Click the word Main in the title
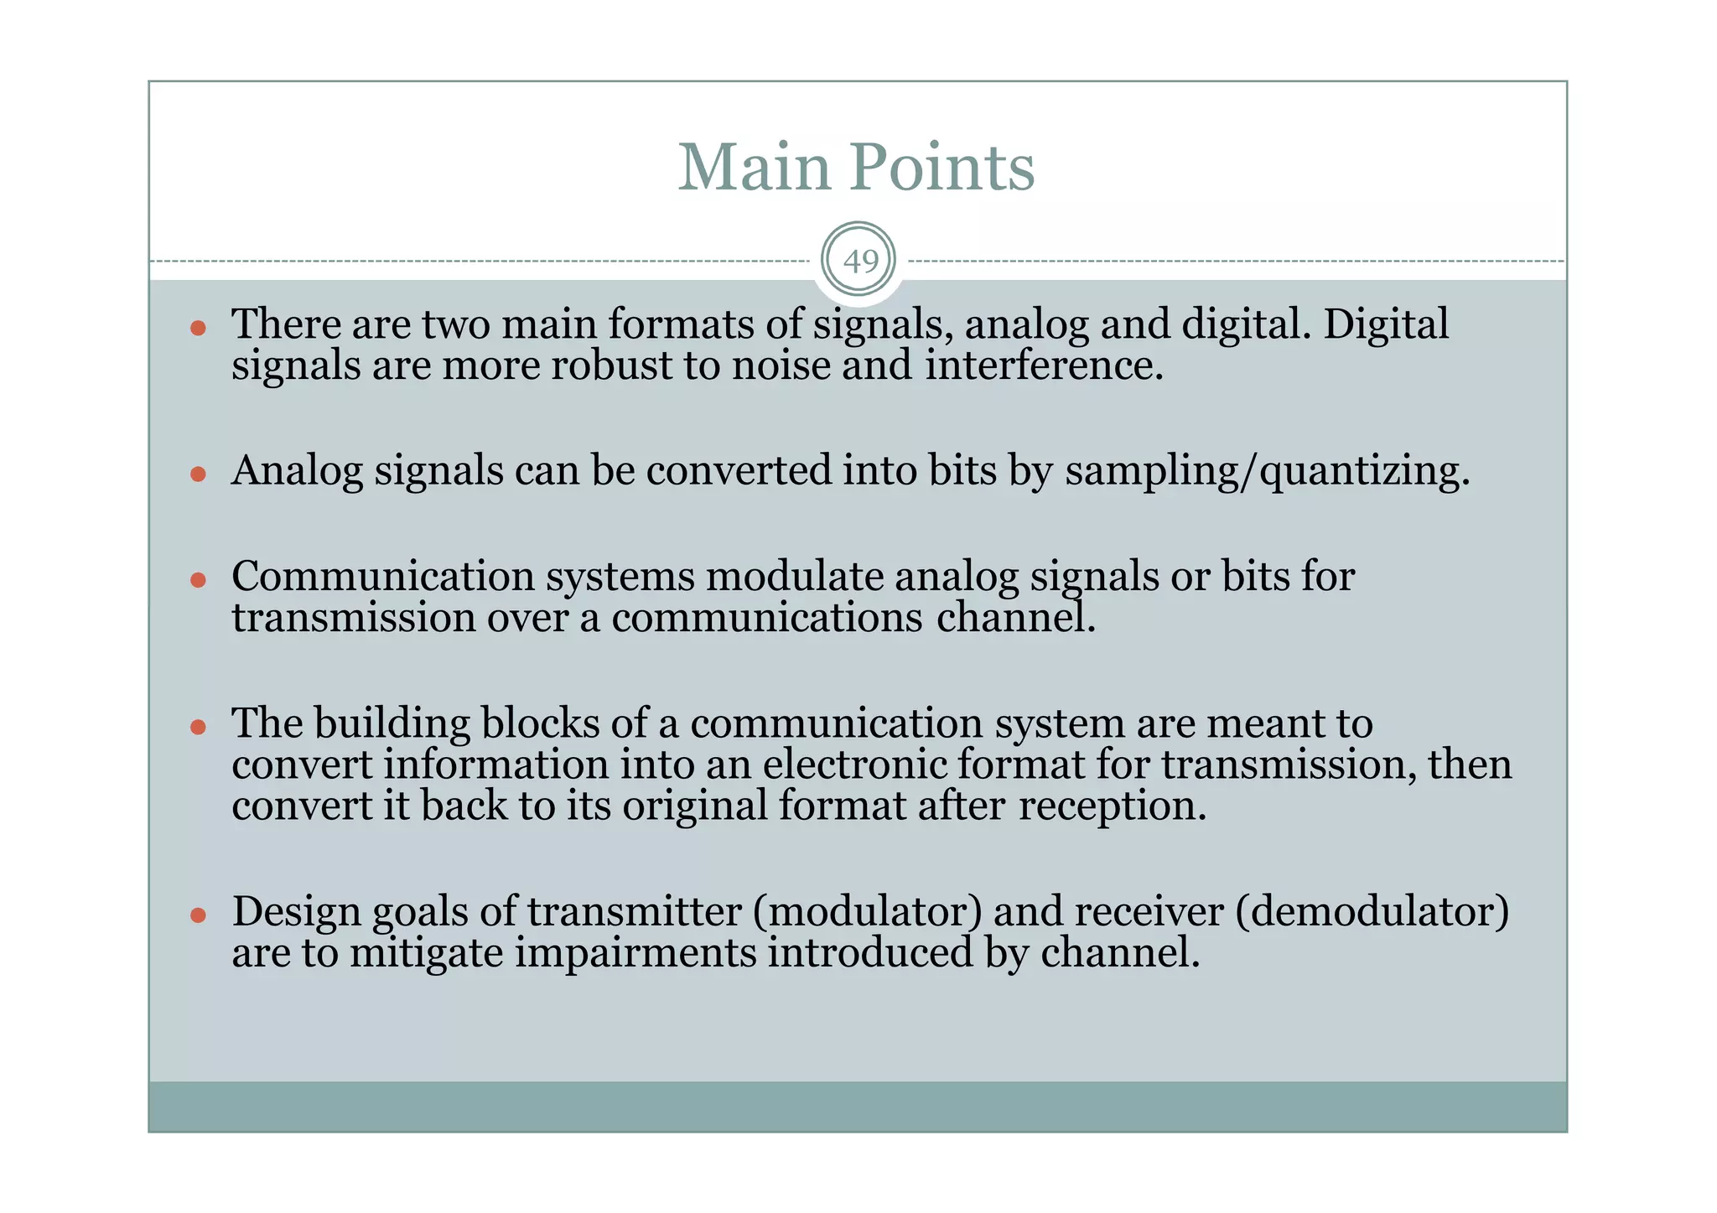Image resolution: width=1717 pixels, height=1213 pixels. pyautogui.click(x=753, y=167)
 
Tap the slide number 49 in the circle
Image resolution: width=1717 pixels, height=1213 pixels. pyautogui.click(x=858, y=262)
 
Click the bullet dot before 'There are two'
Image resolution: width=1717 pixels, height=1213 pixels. pyautogui.click(x=198, y=328)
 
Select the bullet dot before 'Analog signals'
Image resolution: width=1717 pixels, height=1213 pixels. pyautogui.click(x=198, y=474)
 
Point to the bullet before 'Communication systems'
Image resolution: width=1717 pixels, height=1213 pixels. pyautogui.click(x=198, y=580)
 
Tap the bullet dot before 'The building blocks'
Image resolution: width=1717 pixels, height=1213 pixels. pyautogui.click(x=198, y=727)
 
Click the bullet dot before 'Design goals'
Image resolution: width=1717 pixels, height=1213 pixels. pyautogui.click(x=198, y=915)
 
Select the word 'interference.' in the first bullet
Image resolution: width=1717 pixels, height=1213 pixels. pyautogui.click(x=1044, y=365)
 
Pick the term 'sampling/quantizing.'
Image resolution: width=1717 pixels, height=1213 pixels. pyautogui.click(x=1267, y=471)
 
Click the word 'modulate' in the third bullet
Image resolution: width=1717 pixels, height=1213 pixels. pyautogui.click(x=794, y=577)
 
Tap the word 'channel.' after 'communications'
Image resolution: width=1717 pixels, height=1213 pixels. pyautogui.click(x=1016, y=619)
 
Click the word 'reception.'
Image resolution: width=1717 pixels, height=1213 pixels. pyautogui.click(x=1113, y=806)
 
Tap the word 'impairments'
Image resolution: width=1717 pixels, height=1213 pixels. pyautogui.click(x=635, y=954)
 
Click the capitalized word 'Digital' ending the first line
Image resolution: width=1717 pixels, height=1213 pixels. pyautogui.click(x=1385, y=324)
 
